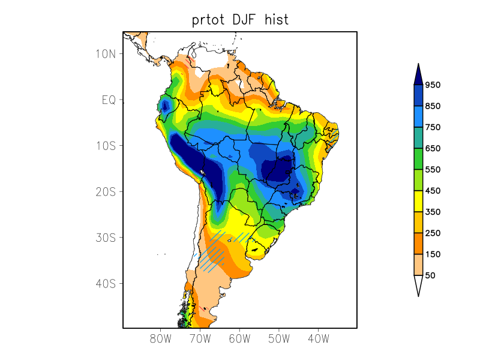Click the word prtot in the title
click(207, 20)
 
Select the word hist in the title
click(277, 20)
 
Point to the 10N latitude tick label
click(106, 53)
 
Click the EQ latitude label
click(109, 100)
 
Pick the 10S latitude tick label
click(106, 146)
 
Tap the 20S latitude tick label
click(106, 191)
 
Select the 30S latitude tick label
click(106, 238)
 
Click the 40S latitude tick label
click(106, 283)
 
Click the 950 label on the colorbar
click(433, 85)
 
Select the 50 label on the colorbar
click(430, 275)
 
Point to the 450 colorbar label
click(433, 191)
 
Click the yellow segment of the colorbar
click(418, 201)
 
